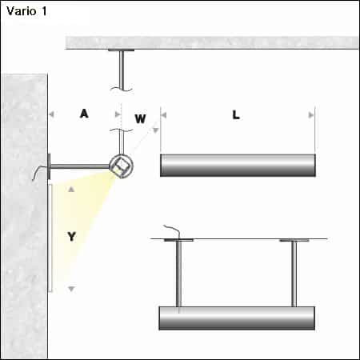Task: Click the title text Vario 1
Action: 26,13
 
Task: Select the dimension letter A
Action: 83,114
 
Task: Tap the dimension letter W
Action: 140,119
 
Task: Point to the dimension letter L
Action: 235,114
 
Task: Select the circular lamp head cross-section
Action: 121,166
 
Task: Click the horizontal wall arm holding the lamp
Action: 80,166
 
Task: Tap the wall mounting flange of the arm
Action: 50,166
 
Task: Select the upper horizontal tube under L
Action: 238,165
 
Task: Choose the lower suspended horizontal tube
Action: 238,317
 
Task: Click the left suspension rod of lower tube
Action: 178,272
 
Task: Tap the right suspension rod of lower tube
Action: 294,272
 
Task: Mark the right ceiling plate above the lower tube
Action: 294,239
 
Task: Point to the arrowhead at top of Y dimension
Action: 71,190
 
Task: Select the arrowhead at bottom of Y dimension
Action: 71,288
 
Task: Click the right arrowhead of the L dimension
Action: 310,114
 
